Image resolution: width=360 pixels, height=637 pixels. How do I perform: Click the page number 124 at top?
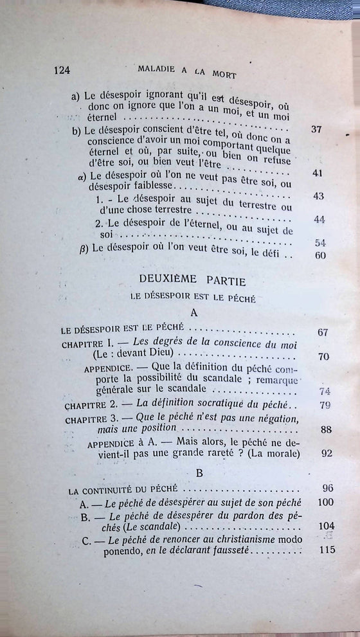click(62, 70)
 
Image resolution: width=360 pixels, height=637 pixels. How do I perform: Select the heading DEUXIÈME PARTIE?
click(188, 281)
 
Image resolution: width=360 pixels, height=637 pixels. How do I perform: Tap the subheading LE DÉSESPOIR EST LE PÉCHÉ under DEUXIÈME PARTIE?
click(188, 297)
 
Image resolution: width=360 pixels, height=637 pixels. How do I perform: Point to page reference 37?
click(316, 129)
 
